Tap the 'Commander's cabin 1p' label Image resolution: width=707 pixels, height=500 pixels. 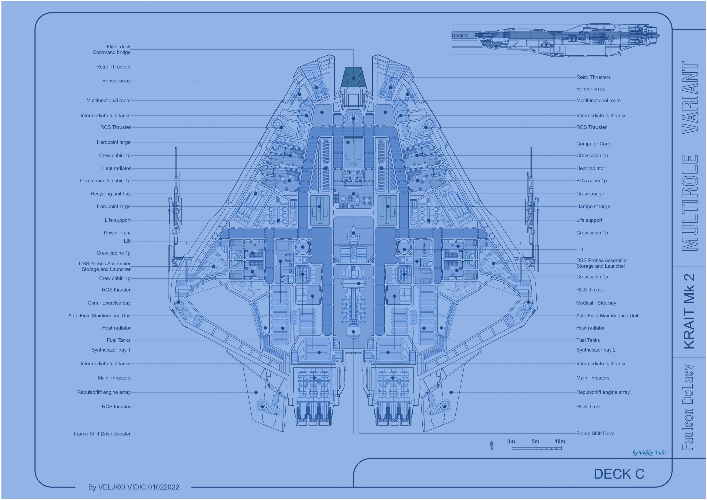(x=105, y=181)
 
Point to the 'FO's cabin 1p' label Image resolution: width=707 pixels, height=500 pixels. (x=591, y=181)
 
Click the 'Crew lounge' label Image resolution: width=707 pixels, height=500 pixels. (x=590, y=194)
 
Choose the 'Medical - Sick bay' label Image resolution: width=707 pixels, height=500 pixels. (x=596, y=303)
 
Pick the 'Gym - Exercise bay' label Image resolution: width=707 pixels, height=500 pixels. (x=109, y=303)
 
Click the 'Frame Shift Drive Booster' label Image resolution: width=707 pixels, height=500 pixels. (x=102, y=434)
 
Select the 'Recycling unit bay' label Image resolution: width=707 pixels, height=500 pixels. (x=111, y=194)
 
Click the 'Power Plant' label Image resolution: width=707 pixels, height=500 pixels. (x=117, y=233)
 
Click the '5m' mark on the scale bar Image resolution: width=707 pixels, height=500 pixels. (x=535, y=442)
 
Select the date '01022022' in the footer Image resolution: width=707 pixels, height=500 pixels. (x=164, y=487)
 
